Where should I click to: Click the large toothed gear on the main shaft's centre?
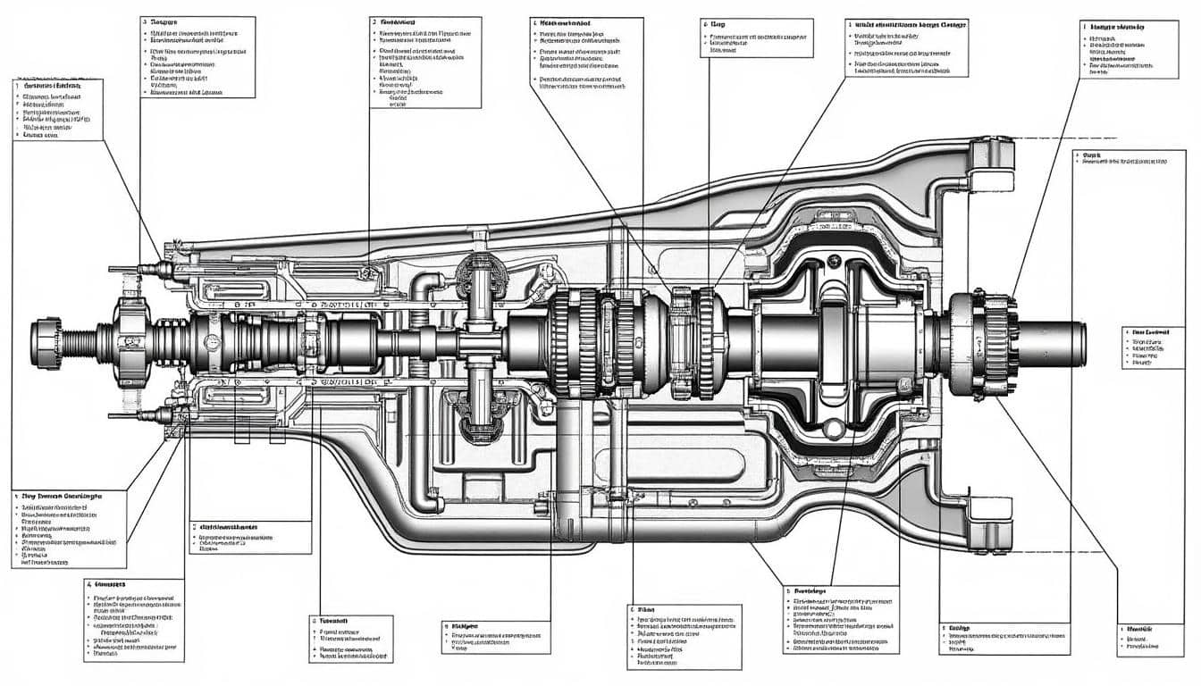tap(572, 343)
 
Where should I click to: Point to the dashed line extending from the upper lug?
tap(1063, 140)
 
